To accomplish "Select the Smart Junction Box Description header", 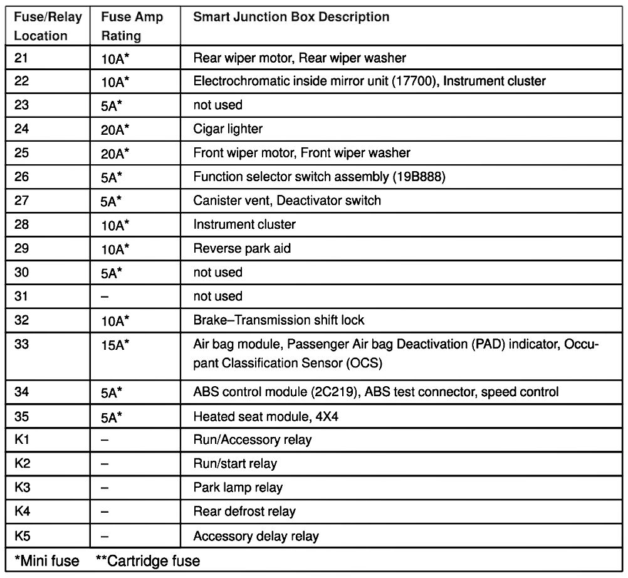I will (x=291, y=17).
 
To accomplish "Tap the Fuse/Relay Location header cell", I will (x=48, y=26).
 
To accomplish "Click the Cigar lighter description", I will (x=228, y=129).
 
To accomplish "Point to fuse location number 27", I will (x=21, y=201).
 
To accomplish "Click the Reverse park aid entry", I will (x=242, y=248).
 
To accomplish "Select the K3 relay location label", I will (x=22, y=487).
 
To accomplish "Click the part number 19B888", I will (x=419, y=177).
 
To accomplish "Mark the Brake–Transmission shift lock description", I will (x=279, y=320).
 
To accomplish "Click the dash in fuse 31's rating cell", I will (x=105, y=297).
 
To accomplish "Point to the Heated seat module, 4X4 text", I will (x=266, y=416).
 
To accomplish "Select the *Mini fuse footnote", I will (x=46, y=560).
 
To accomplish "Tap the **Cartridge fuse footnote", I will (x=148, y=560).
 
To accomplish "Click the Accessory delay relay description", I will (x=256, y=536).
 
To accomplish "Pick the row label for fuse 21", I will (x=21, y=58).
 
